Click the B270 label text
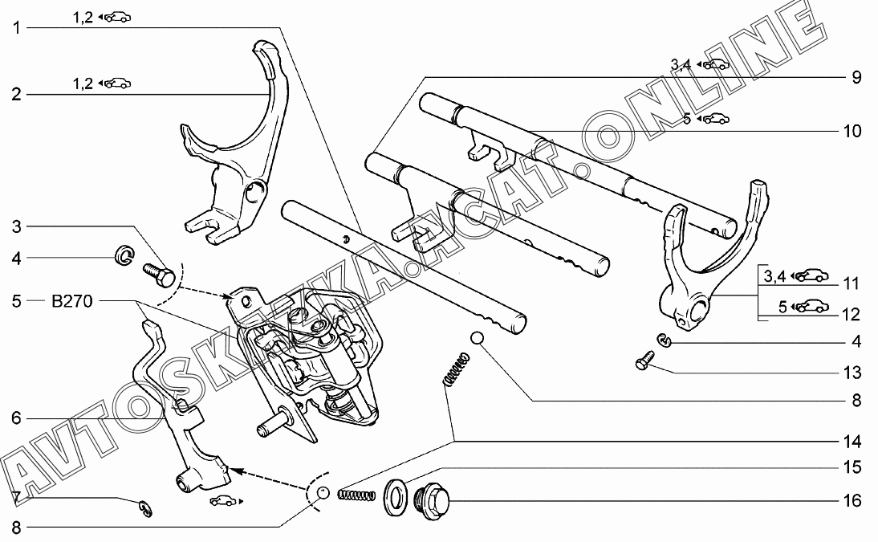click(x=71, y=302)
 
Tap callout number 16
click(x=852, y=500)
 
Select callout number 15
click(x=852, y=467)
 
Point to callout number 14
click(x=852, y=442)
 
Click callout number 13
click(x=852, y=372)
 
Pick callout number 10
click(x=852, y=131)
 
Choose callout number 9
click(x=856, y=77)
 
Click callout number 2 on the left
click(x=17, y=94)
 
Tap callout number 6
click(x=16, y=418)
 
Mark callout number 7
click(x=16, y=497)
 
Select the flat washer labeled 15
click(x=396, y=496)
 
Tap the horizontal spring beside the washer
click(x=356, y=495)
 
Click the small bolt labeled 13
click(x=645, y=360)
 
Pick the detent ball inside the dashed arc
click(x=323, y=493)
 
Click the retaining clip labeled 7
click(x=145, y=508)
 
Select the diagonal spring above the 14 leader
click(x=456, y=369)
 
